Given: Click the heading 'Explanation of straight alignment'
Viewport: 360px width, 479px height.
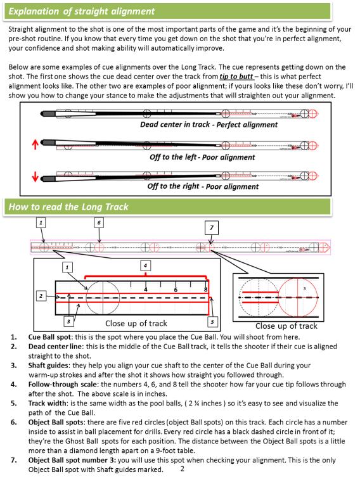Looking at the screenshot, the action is point(82,11).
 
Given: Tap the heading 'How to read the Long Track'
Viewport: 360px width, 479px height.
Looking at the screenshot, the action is point(68,207).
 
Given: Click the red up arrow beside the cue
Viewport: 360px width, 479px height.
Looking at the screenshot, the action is point(35,144).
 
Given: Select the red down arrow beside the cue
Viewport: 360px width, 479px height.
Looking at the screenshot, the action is point(35,176).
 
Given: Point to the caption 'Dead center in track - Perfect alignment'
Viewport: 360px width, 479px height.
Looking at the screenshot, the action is point(209,125).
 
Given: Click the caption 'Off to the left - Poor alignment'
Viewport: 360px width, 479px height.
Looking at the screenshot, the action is point(202,157).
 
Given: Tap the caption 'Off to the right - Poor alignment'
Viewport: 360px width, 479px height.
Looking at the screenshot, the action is point(203,186).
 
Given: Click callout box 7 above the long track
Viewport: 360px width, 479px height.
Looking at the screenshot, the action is point(212,228).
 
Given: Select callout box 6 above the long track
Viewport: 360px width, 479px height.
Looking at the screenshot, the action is point(99,222).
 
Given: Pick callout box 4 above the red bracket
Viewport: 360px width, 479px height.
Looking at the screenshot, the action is point(145,265).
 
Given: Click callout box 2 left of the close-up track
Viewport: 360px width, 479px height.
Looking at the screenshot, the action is point(41,296).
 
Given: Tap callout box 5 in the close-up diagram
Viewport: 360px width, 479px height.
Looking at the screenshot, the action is point(212,321).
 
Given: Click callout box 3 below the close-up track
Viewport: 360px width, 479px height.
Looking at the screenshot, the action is point(68,321).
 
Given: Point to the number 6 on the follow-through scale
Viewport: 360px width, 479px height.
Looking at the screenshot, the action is point(176,290).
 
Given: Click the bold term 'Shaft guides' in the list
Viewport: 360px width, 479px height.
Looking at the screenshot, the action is point(48,366).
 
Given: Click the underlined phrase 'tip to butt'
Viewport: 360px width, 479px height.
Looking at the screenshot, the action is point(236,77).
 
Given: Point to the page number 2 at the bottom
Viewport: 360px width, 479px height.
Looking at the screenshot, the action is point(183,469).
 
